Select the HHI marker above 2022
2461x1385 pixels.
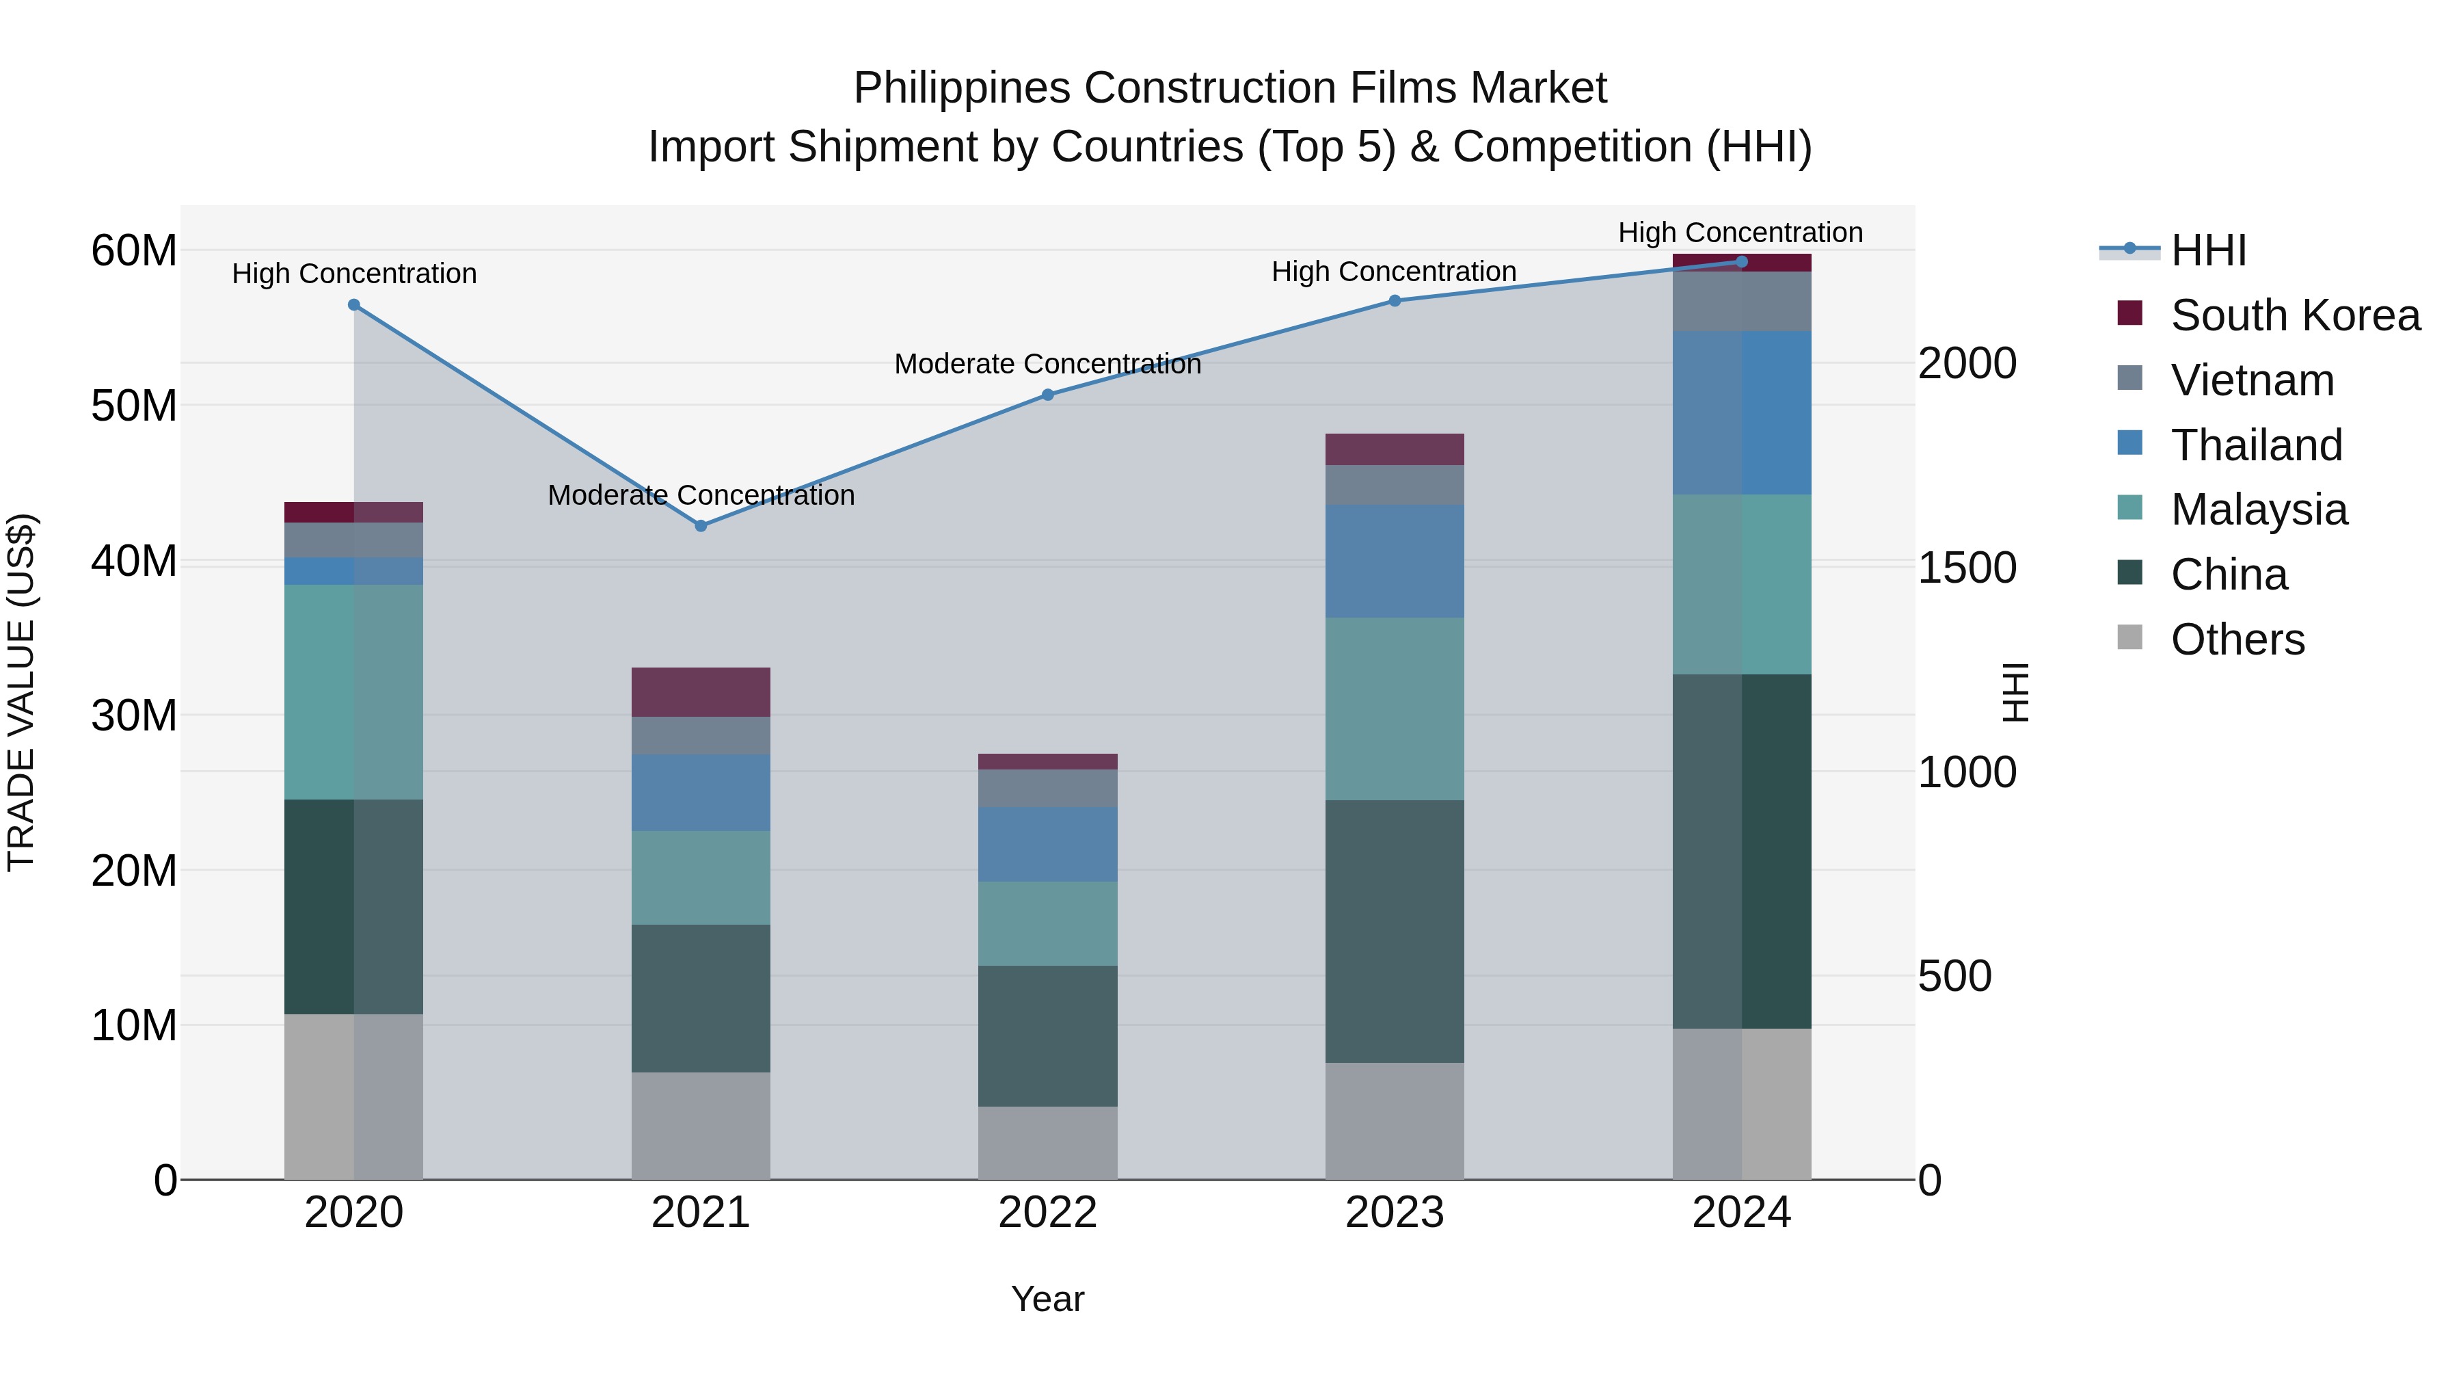point(1047,395)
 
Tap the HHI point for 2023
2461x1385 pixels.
point(1394,301)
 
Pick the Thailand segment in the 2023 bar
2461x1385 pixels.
point(1394,561)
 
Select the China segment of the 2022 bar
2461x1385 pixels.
point(1047,1036)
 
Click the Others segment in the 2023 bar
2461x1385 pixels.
point(1394,1120)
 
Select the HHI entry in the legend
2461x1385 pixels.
point(2208,250)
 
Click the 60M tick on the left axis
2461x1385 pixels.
point(134,252)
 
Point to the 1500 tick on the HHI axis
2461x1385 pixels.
point(1966,568)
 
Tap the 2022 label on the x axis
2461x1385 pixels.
point(1047,1213)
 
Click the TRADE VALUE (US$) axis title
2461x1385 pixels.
point(21,692)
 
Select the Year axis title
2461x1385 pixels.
point(1047,1299)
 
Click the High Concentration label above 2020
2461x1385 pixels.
point(353,274)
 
